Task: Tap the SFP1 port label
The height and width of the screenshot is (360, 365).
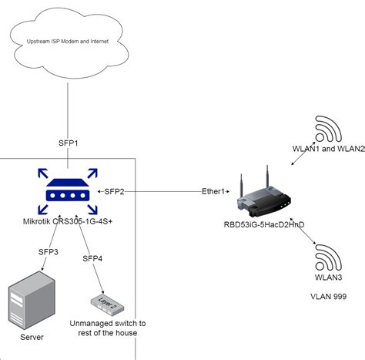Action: (69, 143)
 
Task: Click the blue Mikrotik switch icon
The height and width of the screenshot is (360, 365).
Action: (67, 190)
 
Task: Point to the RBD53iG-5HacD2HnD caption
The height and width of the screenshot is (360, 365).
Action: (264, 225)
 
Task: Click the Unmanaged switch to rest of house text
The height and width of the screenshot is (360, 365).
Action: (107, 328)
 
